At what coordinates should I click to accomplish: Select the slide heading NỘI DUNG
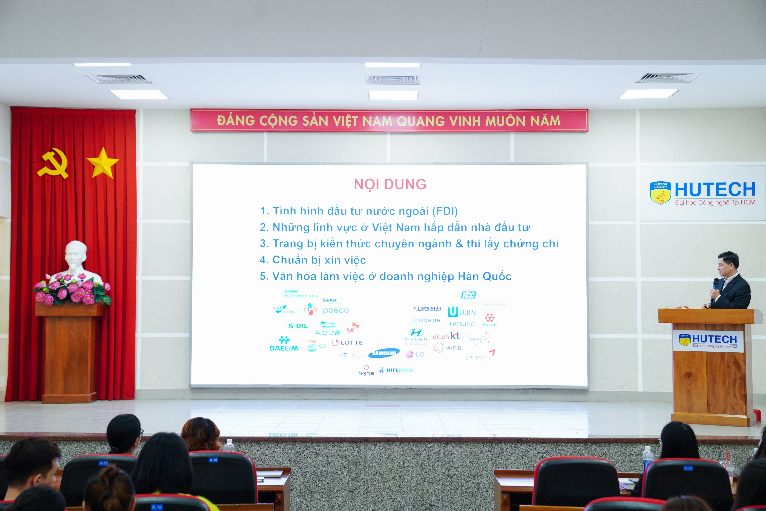point(390,184)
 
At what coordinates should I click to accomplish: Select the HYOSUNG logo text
point(461,324)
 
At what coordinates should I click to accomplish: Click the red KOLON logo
point(490,319)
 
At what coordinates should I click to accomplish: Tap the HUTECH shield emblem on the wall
point(660,193)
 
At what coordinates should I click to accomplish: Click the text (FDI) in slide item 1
point(445,211)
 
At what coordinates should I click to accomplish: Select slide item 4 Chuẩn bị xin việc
point(313,260)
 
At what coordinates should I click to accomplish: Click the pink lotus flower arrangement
point(72,289)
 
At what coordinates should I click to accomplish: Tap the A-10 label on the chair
point(213,460)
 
